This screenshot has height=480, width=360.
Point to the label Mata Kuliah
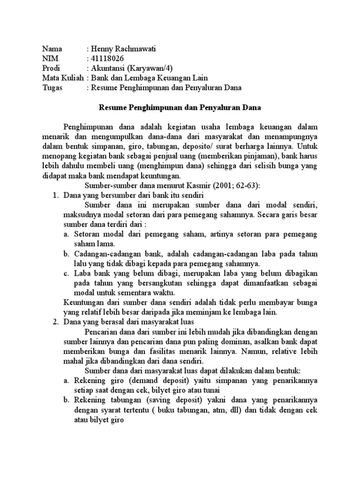tap(63, 78)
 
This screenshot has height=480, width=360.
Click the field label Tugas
tap(52, 88)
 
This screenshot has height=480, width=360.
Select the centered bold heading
tap(180, 108)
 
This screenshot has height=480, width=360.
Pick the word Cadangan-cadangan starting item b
tap(104, 254)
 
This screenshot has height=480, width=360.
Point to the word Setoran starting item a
tap(88, 234)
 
